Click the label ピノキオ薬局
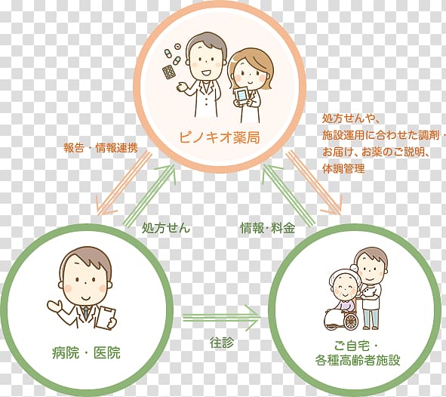tap(220, 137)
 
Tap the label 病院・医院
tap(86, 353)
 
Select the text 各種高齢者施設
tap(357, 360)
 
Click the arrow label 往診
tap(222, 343)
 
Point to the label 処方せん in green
tap(166, 227)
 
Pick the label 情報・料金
tap(267, 227)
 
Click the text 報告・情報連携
tap(100, 148)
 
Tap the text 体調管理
tap(343, 168)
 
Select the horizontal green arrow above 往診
tap(221, 319)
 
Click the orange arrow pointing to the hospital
tap(124, 183)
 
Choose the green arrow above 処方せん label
tap(150, 195)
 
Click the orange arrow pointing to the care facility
tap(314, 183)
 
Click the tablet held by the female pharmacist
tap(241, 96)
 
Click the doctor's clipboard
tap(106, 319)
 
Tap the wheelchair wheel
tap(350, 321)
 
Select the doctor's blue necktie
tap(85, 312)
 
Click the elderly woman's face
tap(343, 288)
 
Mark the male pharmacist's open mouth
tap(205, 72)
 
